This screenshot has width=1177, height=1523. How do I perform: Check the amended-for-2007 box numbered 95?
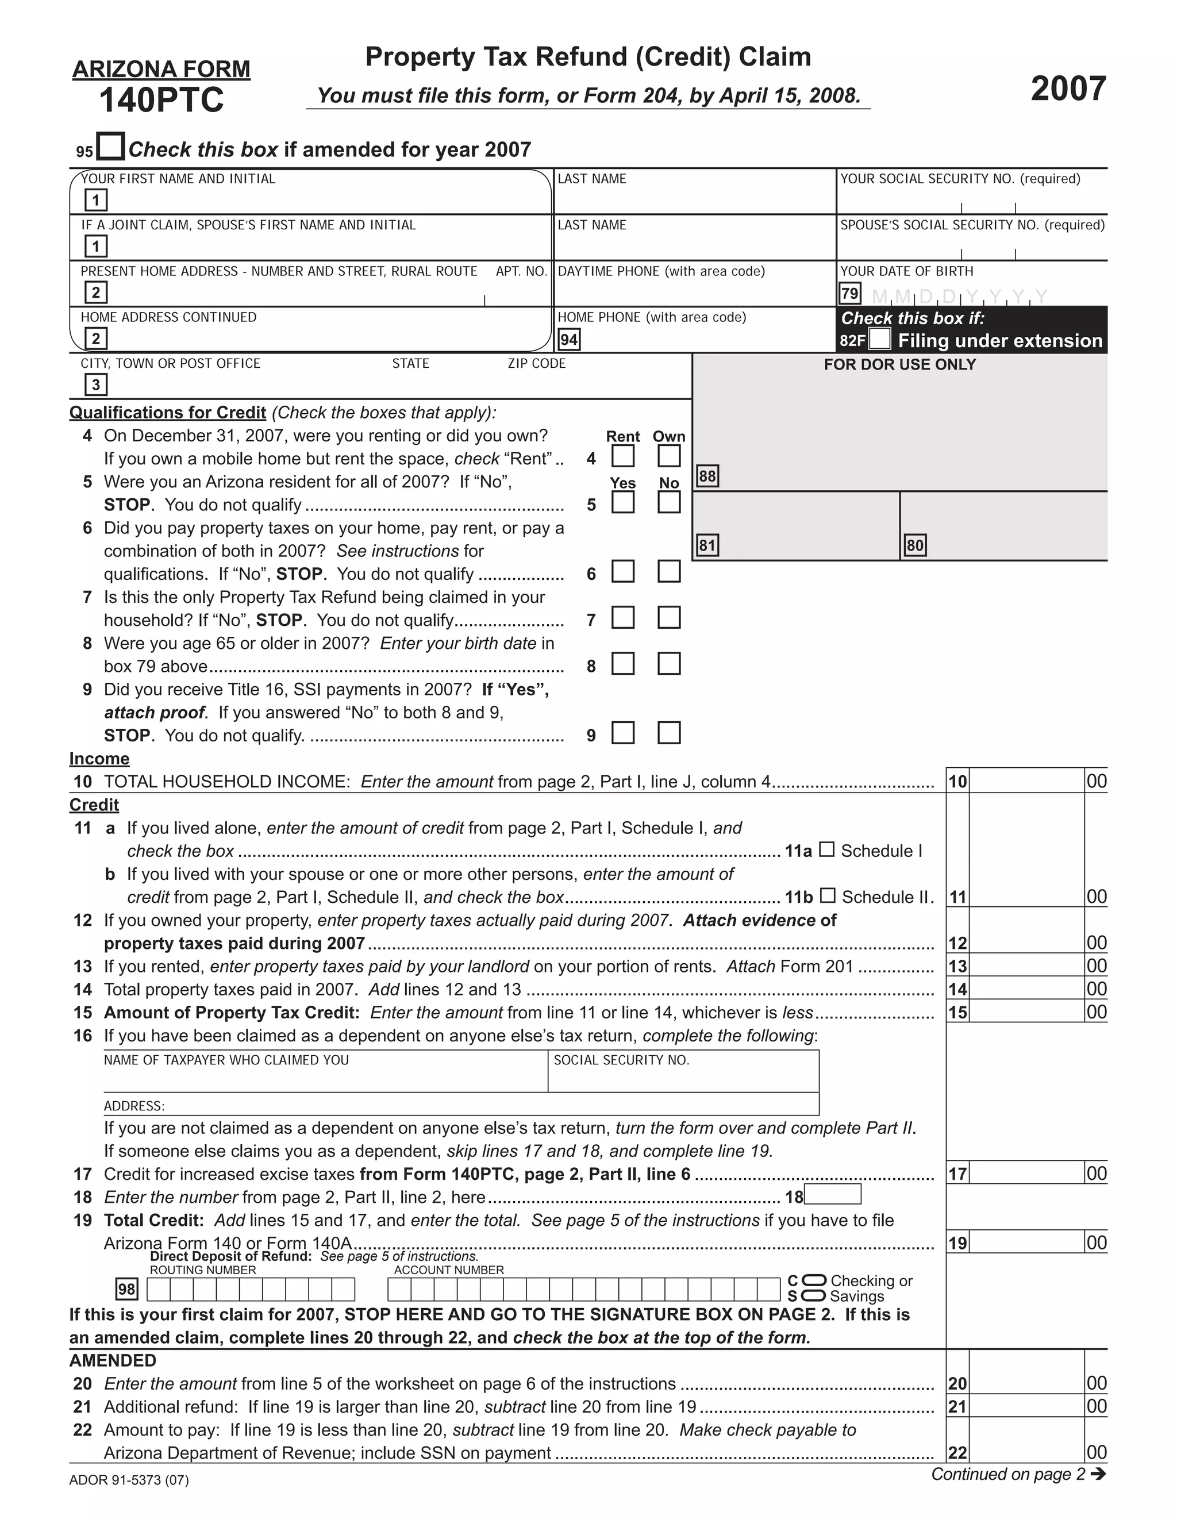110,147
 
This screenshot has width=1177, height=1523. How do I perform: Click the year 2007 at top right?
1068,89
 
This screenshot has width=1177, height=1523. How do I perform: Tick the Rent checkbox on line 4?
622,457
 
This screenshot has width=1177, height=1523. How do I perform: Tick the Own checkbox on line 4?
669,457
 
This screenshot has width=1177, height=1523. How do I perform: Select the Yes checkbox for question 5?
622,503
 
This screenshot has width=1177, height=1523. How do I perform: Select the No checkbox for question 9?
669,733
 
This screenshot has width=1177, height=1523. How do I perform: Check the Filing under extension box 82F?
880,340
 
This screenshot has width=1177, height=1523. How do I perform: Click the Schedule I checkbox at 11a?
826,849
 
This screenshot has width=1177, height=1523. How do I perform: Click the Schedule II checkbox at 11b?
827,895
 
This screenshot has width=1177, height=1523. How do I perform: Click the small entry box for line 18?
833,1195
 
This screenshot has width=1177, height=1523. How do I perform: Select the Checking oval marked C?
814,1280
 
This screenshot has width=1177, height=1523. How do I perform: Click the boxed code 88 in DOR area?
707,476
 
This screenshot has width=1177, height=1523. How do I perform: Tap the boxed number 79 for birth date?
849,294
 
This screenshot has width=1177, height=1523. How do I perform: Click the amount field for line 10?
1026,781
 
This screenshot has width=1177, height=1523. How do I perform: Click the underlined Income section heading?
99,759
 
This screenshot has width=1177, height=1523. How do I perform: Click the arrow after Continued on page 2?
1098,1474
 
